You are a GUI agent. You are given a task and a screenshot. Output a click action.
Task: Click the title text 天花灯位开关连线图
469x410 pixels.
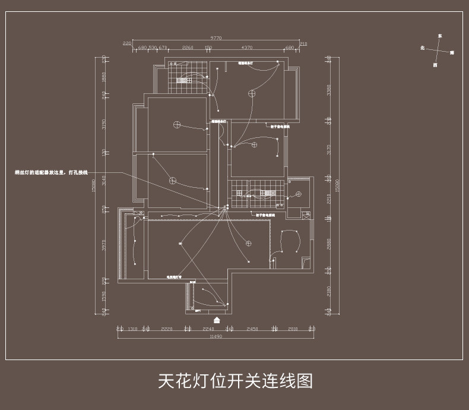point(235,381)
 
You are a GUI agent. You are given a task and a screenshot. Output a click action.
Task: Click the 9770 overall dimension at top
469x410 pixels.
point(216,38)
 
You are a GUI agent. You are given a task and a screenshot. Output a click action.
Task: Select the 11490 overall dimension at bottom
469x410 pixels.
point(216,337)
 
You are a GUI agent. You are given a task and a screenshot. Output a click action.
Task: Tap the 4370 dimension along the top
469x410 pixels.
point(247,48)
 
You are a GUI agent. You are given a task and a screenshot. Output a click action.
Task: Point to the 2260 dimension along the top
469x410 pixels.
point(188,48)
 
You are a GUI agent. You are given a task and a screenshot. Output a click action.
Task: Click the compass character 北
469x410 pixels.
point(422,48)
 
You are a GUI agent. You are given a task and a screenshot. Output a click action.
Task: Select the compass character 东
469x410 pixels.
point(440,36)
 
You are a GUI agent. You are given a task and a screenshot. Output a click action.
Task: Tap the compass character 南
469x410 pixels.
point(452,53)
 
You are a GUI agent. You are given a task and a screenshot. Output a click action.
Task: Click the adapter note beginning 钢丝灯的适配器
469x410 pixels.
point(51,172)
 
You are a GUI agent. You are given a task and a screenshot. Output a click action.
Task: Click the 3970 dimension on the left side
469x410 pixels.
point(103,245)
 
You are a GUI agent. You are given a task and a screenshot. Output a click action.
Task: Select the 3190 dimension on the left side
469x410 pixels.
point(103,124)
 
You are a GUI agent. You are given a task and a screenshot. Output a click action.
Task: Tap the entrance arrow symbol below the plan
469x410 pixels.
point(217,320)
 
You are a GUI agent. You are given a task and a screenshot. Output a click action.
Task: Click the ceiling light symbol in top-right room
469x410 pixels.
point(252,93)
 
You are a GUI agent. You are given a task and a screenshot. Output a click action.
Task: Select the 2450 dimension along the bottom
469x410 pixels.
point(252,329)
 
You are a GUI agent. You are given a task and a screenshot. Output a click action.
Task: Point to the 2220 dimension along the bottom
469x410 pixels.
point(167,329)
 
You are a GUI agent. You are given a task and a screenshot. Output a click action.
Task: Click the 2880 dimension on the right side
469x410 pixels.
point(328,244)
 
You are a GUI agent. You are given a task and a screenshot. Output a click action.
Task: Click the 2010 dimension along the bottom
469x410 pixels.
point(293,329)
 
